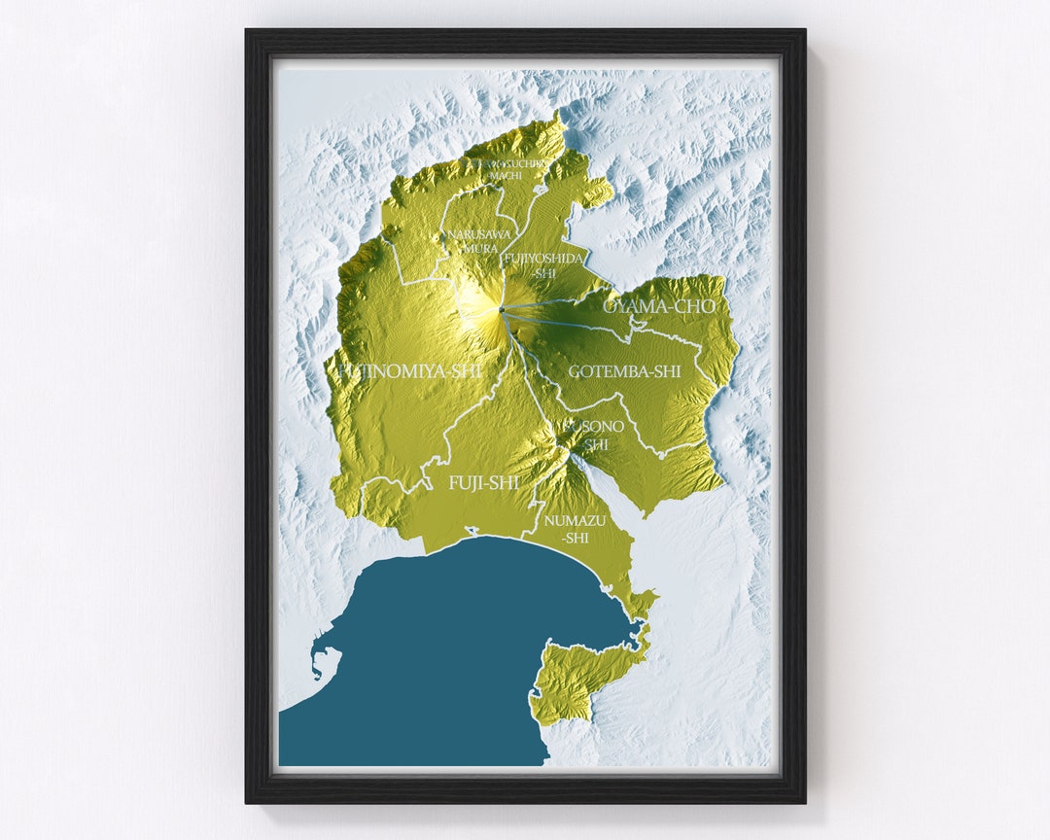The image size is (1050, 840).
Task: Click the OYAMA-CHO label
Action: point(660,306)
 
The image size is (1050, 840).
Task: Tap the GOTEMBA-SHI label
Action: point(625,371)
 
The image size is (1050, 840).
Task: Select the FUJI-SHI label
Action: point(483,482)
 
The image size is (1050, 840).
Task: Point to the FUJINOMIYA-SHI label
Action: point(409,370)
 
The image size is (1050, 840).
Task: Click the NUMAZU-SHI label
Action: point(575,529)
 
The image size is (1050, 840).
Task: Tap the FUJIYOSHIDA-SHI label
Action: point(543,264)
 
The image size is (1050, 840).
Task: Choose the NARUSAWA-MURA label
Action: point(472,241)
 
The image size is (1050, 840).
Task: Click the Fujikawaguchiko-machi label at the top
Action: point(507,170)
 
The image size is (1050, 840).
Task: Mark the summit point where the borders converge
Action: point(501,309)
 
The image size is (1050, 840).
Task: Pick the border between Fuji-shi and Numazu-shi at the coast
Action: point(524,536)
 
